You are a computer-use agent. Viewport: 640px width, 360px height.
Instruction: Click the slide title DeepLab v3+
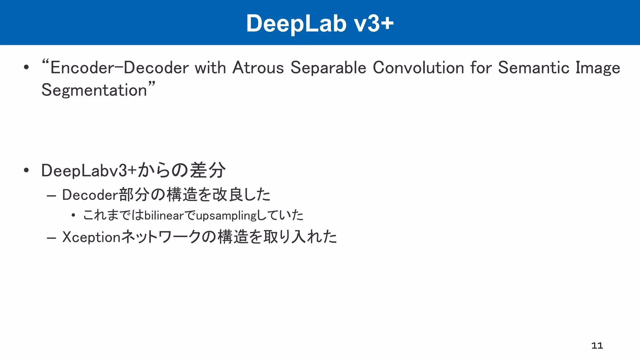(320, 23)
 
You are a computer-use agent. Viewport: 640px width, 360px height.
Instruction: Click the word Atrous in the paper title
(258, 68)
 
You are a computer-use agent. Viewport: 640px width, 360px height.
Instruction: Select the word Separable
(328, 68)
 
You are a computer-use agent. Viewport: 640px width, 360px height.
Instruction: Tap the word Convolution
(418, 68)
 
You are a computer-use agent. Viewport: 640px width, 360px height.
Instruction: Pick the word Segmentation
(94, 91)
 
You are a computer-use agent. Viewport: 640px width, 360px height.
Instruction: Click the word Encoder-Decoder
(119, 68)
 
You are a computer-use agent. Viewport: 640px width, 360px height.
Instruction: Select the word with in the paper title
(210, 68)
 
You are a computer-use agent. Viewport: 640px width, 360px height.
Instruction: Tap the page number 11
(597, 346)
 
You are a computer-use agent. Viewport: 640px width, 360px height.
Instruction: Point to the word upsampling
(226, 216)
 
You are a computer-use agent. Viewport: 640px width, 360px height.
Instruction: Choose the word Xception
(91, 237)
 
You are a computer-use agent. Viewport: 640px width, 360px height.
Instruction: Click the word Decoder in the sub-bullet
(90, 195)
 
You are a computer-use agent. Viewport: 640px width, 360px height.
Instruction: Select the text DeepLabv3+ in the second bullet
(89, 171)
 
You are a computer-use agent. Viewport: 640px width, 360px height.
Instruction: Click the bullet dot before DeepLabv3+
(26, 170)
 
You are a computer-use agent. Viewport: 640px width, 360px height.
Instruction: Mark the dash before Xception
(51, 238)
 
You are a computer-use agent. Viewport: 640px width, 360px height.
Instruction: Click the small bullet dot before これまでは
(73, 215)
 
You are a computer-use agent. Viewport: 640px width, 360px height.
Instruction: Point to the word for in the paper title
(481, 68)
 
